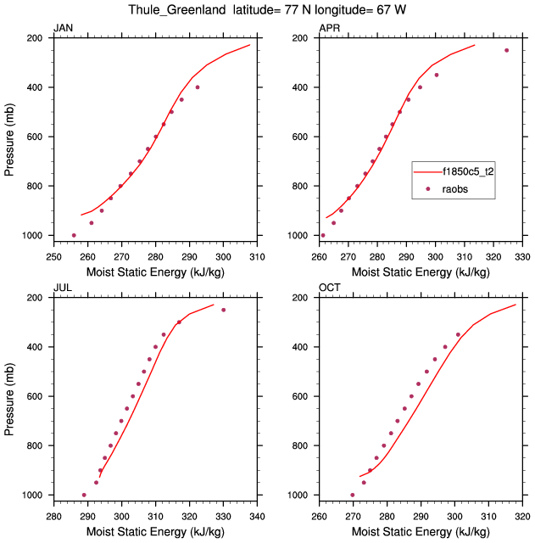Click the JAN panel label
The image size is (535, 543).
(x=63, y=29)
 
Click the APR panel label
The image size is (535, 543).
(x=329, y=29)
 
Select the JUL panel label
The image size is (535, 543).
(x=62, y=288)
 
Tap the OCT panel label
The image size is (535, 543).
(x=329, y=288)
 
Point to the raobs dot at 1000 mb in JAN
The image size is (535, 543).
(x=74, y=235)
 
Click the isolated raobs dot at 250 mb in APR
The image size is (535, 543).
(x=507, y=50)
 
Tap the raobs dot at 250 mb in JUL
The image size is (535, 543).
(x=224, y=310)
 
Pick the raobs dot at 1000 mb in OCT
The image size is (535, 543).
(x=353, y=495)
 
